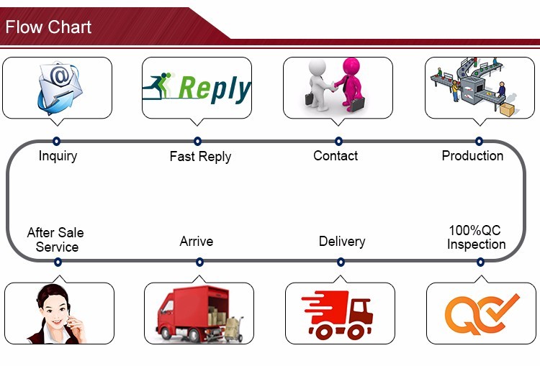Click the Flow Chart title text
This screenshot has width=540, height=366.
pos(49,27)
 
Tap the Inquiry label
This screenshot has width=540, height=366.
pos(58,155)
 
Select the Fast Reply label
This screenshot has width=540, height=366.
pos(200,156)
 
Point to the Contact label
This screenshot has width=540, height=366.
pos(336,155)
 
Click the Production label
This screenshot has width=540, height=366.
pos(472,155)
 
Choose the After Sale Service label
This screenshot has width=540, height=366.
pos(55,239)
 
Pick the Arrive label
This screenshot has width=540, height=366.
pos(197,241)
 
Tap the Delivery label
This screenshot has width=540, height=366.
pos(342,241)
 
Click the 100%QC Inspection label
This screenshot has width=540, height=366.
pos(476,237)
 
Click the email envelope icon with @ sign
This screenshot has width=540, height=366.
pos(57,88)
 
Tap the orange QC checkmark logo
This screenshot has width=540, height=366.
pos(481,314)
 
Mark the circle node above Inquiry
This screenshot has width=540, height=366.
pos(57,142)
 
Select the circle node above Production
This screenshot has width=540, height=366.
pos(479,142)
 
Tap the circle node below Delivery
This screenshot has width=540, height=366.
pos(341,262)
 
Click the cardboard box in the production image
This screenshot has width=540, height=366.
pos(508,109)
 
